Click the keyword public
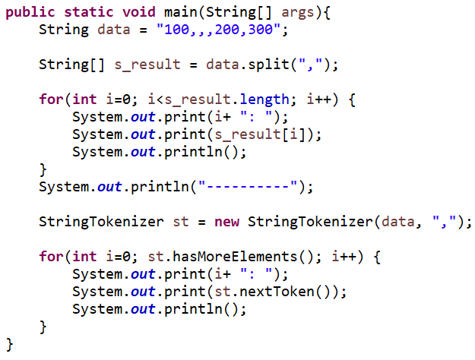pyautogui.click(x=30, y=13)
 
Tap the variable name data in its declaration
pyautogui.click(x=114, y=31)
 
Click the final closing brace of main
pyautogui.click(x=10, y=343)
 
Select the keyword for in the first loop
pyautogui.click(x=50, y=99)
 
